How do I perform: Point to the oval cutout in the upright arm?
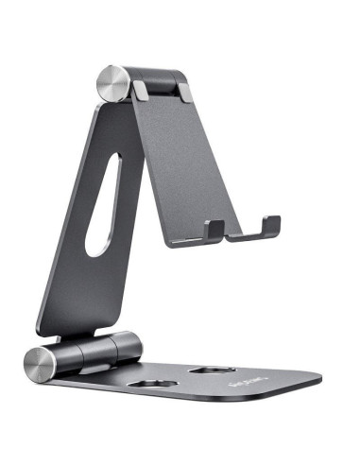pos(98,204)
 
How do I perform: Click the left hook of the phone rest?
pos(214,229)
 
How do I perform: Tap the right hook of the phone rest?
pos(270,225)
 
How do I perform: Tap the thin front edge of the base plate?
pos(189,403)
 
